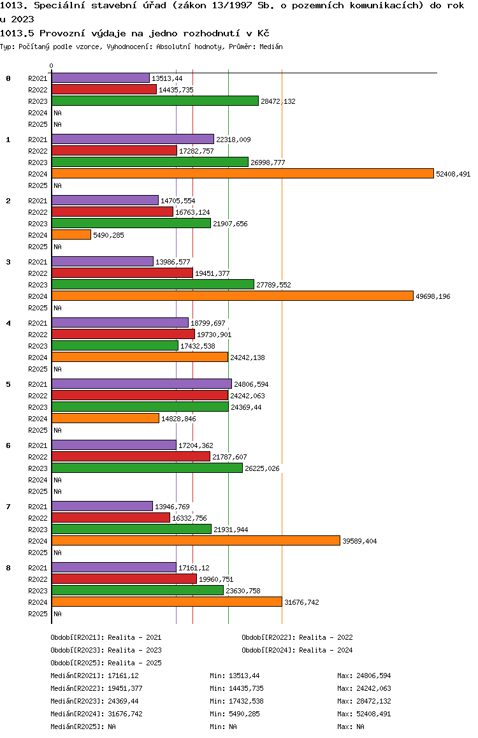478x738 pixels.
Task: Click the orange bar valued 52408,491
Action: click(243, 174)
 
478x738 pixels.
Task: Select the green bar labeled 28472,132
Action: click(156, 101)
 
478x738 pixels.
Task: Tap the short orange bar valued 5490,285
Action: click(71, 235)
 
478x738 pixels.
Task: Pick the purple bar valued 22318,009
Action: click(133, 139)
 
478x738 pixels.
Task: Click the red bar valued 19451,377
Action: click(122, 273)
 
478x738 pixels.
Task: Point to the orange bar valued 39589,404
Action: click(196, 541)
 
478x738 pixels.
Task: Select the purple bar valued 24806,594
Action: click(141, 384)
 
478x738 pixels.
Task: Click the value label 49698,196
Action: click(433, 296)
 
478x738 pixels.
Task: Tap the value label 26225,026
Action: click(262, 468)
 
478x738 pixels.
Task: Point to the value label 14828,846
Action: click(179, 419)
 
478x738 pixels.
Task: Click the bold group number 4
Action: click(8, 323)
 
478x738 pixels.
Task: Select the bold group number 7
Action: click(8, 507)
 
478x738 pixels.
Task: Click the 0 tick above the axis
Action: click(51, 66)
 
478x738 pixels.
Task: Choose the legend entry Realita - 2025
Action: click(134, 663)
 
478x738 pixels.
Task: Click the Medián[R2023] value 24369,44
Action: click(123, 701)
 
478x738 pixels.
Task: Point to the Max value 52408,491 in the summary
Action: click(373, 714)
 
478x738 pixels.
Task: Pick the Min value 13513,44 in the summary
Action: click(244, 676)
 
